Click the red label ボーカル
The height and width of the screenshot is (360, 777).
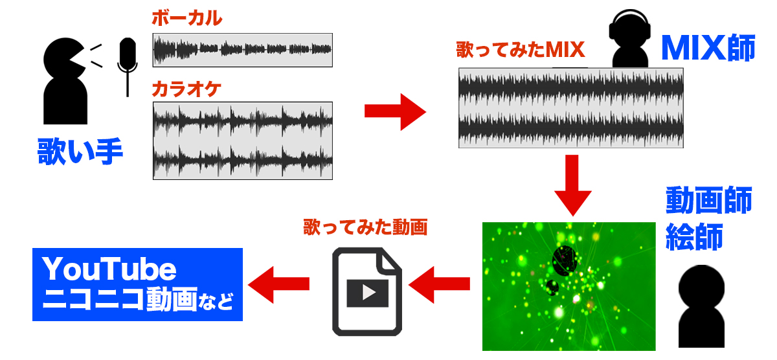point(187,18)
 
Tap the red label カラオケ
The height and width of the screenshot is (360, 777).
point(186,89)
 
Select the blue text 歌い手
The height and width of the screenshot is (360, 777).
point(80,152)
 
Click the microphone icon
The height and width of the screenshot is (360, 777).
point(128,67)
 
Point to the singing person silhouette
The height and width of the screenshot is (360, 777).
point(65,81)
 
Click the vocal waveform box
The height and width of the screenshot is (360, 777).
point(242,50)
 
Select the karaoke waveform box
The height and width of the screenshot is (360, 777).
point(242,141)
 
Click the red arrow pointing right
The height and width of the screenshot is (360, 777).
point(395,111)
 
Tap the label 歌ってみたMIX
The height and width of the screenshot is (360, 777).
point(521,50)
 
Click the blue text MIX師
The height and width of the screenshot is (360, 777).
point(708,48)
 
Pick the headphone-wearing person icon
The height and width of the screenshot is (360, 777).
point(630,38)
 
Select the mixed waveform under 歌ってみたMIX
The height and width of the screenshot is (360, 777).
point(571,108)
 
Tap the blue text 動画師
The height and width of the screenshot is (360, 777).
point(708,200)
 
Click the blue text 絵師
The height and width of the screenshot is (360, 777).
point(694,236)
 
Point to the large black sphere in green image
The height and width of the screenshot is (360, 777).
point(565,260)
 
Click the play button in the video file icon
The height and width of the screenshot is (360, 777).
point(368,293)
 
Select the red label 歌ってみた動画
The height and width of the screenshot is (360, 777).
point(365,227)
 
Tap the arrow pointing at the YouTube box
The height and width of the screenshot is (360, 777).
point(278,285)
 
